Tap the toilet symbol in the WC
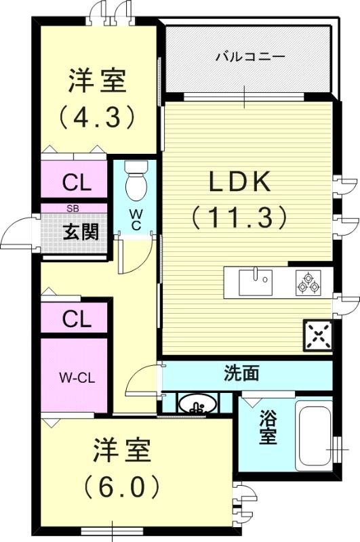tap(136, 180)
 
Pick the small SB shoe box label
tap(71, 209)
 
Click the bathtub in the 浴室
tap(313, 436)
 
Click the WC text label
tap(136, 221)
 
